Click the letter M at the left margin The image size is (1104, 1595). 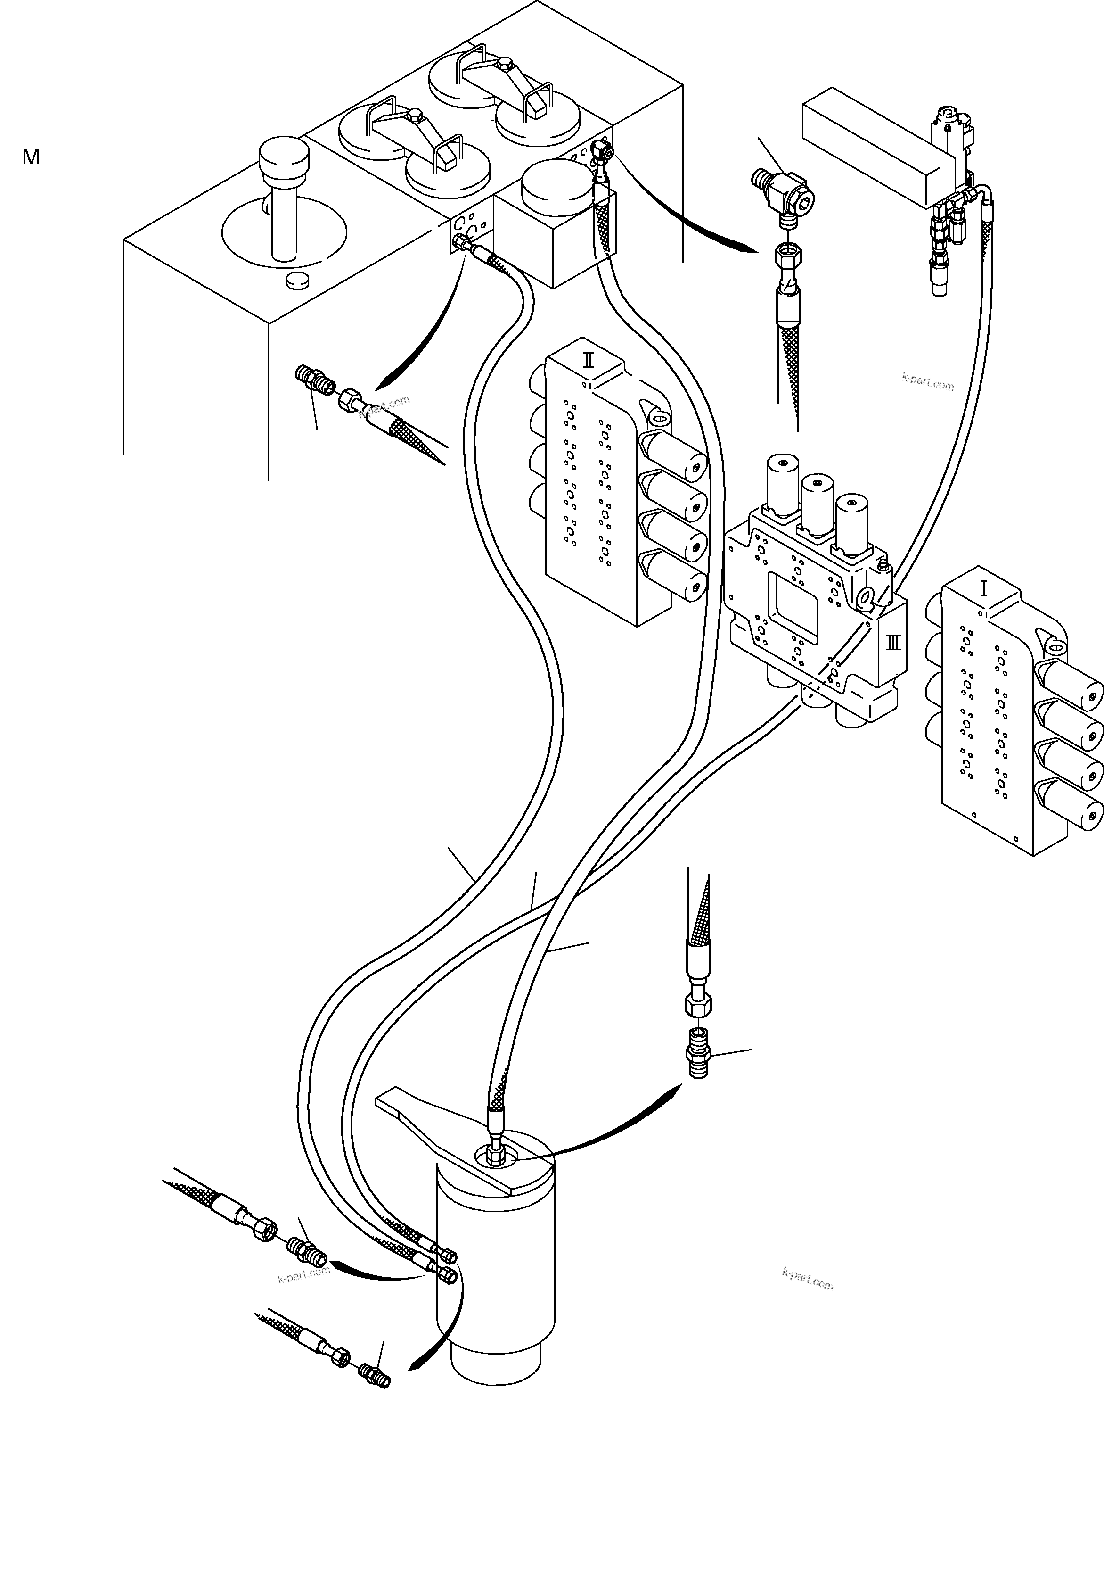(31, 157)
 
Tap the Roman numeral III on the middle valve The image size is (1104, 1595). (893, 642)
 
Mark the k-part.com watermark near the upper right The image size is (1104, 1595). (928, 381)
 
